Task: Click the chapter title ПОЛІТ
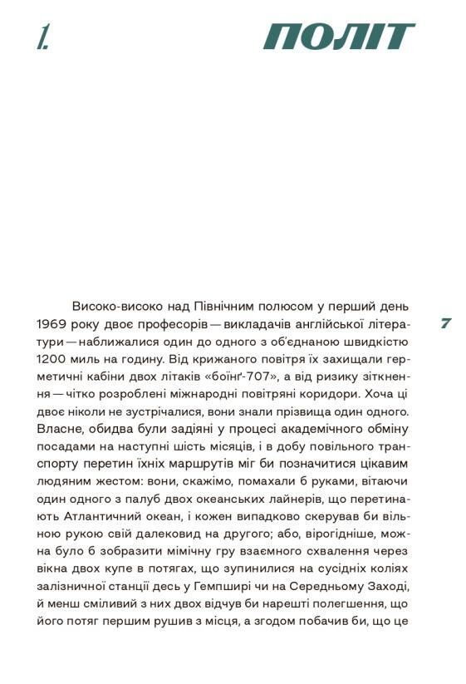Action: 339,37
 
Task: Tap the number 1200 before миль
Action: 54,360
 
